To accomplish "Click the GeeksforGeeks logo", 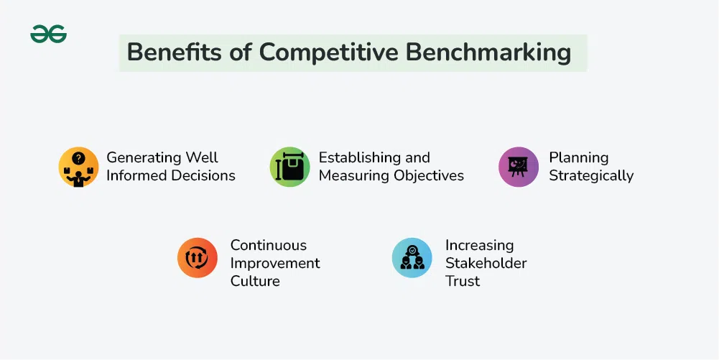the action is [49, 34].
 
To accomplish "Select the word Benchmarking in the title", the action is [488, 52].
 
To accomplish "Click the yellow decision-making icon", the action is [78, 167].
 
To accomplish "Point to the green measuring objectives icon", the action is [289, 167].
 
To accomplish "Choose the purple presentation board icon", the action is [519, 167].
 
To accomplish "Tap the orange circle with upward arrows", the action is [198, 258].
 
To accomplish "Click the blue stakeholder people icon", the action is [412, 258].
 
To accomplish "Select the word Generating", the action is [144, 158].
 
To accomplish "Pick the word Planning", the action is [579, 158].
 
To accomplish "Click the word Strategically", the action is [591, 176].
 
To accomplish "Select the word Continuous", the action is [268, 245].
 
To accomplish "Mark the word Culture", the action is [255, 281].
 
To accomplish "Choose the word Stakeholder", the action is [486, 263].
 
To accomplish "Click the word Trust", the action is [463, 281].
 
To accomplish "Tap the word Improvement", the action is [275, 264].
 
